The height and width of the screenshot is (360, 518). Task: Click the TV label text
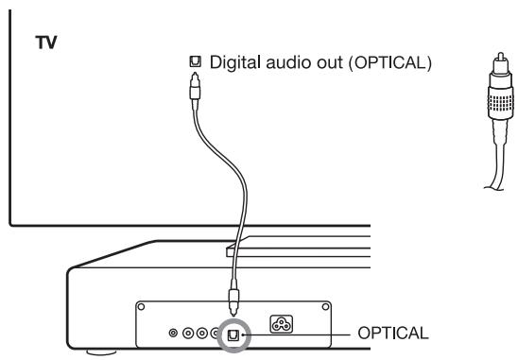coord(43,43)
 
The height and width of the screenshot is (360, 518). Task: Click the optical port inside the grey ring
coord(232,334)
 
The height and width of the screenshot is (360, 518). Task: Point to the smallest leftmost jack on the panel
coord(172,334)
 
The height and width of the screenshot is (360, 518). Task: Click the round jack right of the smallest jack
coord(188,334)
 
